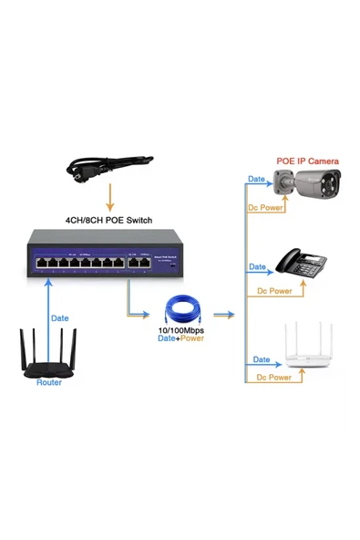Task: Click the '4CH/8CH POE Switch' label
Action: pos(108,221)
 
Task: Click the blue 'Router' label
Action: pos(49,382)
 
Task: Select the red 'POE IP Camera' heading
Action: pos(307,161)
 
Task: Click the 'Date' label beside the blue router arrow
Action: pos(59,318)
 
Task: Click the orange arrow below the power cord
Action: pos(109,198)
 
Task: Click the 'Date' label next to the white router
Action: pos(262,360)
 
